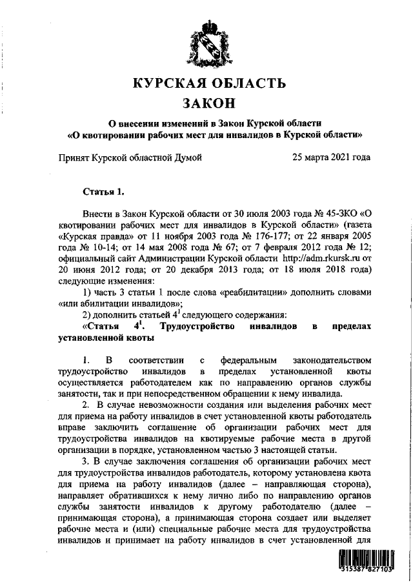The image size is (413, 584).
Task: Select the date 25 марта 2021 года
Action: [330, 157]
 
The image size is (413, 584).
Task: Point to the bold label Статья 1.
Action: [103, 192]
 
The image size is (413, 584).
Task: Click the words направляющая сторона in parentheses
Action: [313, 487]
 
